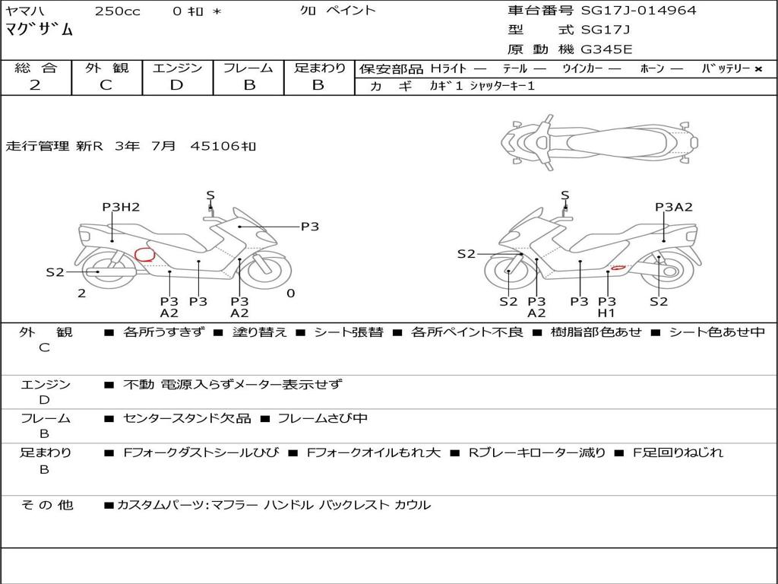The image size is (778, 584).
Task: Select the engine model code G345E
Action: [x=607, y=49]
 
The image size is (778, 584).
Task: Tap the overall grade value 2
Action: [x=35, y=85]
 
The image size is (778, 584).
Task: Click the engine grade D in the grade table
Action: [x=176, y=85]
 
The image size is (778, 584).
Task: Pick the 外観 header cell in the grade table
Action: [x=106, y=68]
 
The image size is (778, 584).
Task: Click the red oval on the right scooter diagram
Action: [x=619, y=267]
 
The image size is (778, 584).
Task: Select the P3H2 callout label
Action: [x=121, y=207]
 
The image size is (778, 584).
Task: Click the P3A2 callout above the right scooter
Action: [x=673, y=207]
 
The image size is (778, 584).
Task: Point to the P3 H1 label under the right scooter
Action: [x=606, y=306]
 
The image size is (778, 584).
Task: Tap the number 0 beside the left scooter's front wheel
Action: [x=290, y=294]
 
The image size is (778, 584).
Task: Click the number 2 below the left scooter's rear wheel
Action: [x=81, y=294]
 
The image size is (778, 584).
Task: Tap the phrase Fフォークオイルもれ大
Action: [x=373, y=452]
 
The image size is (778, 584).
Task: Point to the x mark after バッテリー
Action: [x=757, y=69]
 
